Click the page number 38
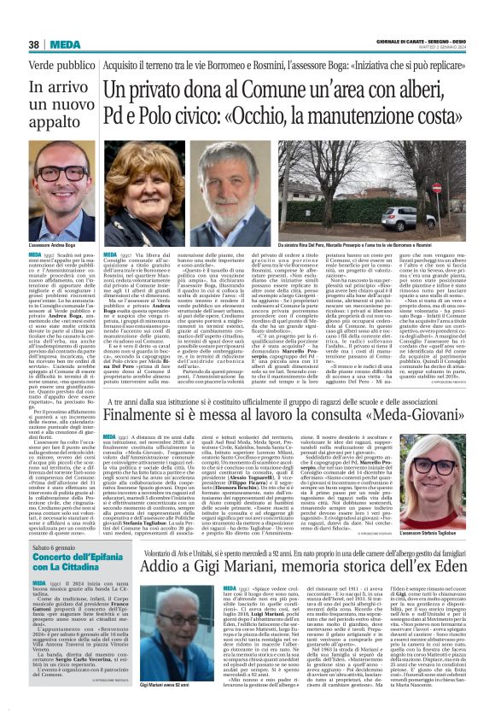[x=33, y=44]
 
